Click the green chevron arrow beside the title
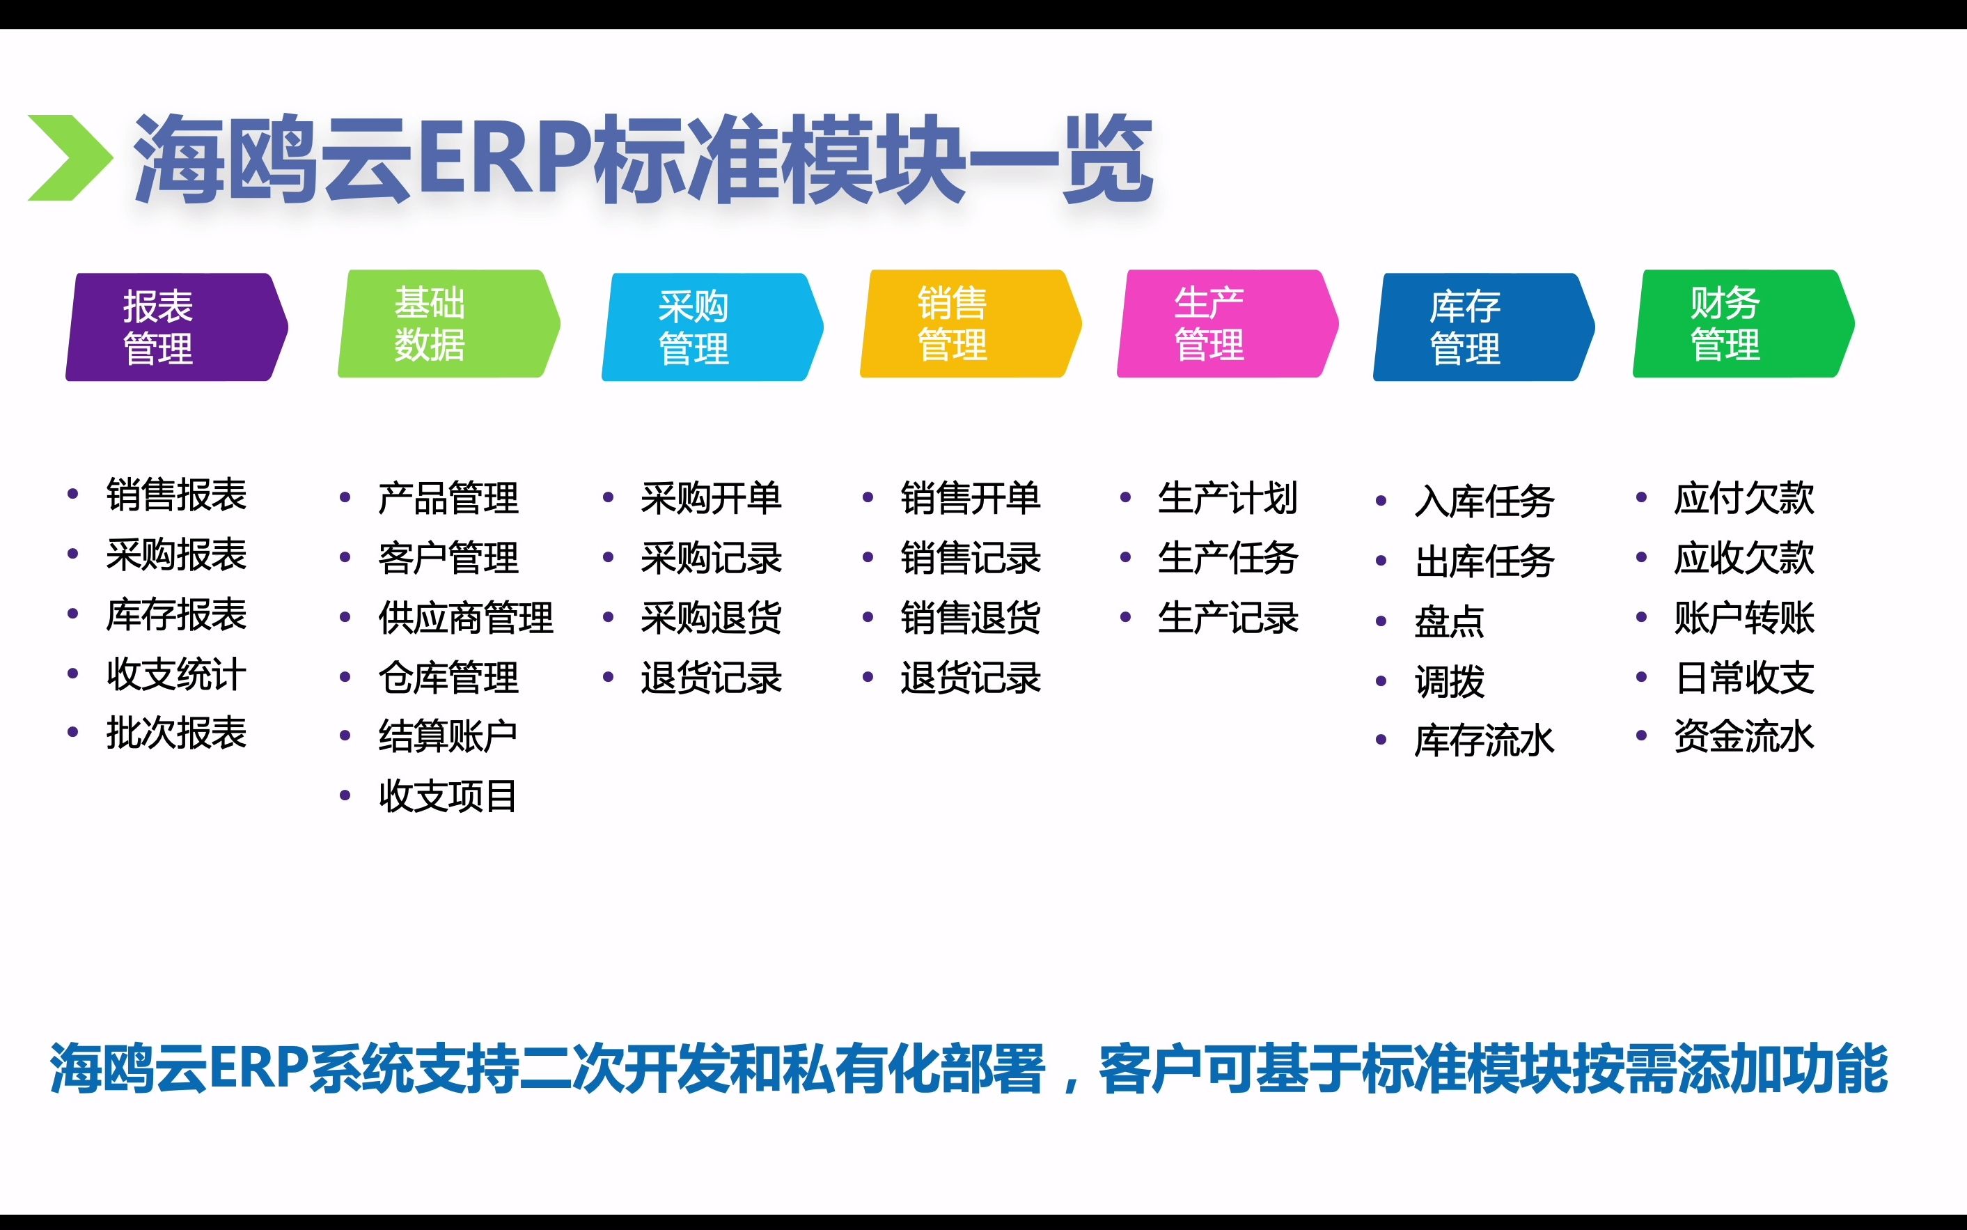tap(69, 158)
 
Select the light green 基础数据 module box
tap(448, 324)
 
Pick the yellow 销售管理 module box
tap(970, 324)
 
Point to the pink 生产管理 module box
tap(1227, 324)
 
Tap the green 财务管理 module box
tap(1743, 324)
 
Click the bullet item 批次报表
tap(176, 733)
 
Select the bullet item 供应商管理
tap(465, 618)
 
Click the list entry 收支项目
tap(448, 795)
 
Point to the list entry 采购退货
tap(711, 618)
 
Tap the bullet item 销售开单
tap(970, 498)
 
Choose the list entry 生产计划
tap(1227, 498)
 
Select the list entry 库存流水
tap(1484, 741)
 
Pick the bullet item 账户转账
tap(1744, 618)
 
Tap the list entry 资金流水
tap(1744, 736)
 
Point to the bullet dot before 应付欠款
tap(1641, 498)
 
